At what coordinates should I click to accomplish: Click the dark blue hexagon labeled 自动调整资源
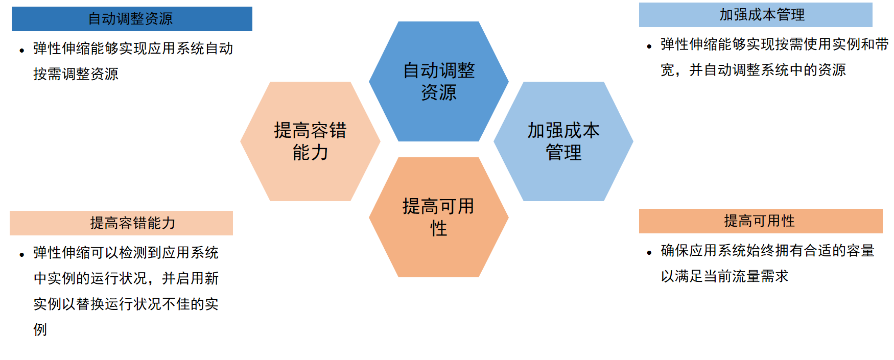(439, 81)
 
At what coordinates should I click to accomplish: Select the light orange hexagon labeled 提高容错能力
(310, 141)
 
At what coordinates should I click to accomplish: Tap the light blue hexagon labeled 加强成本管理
(563, 141)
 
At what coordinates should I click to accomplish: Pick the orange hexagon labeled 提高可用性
(439, 217)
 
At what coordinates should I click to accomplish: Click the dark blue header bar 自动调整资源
(132, 19)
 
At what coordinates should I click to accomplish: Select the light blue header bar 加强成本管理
(756, 15)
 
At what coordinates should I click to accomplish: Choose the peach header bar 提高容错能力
(121, 223)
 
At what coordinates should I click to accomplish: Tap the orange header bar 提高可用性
(761, 221)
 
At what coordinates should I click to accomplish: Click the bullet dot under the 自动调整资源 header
(22, 50)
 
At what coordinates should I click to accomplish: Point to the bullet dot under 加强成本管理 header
(649, 46)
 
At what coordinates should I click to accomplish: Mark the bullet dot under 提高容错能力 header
(22, 254)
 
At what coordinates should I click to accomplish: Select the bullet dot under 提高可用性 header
(649, 252)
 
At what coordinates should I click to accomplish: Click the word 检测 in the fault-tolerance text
(133, 253)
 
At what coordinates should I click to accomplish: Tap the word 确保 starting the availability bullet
(675, 251)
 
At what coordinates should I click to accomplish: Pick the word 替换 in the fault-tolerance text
(90, 304)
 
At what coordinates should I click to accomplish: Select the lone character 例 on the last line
(40, 330)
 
